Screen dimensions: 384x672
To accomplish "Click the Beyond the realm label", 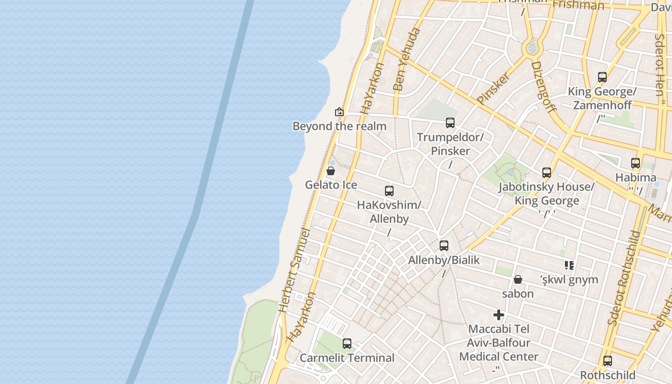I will [339, 126].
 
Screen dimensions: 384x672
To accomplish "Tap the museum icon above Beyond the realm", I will [339, 112].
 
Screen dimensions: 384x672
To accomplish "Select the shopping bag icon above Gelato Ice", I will [331, 171].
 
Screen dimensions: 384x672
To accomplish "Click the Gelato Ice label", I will [331, 185].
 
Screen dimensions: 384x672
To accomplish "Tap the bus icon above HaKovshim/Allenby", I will [389, 191].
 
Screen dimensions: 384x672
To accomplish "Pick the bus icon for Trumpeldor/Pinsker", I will [450, 123].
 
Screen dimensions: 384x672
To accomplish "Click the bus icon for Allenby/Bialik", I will [444, 246].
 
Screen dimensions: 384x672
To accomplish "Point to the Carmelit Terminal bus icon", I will [347, 344].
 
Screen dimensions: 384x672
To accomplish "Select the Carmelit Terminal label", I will [347, 358].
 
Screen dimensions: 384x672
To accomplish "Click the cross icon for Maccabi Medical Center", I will [499, 315].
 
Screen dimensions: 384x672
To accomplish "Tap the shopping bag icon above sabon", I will [518, 279].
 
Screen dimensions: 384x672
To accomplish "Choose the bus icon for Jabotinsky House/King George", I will [547, 173].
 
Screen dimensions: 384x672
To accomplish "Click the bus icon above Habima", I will [636, 163].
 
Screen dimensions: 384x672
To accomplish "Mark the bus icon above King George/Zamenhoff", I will [602, 77].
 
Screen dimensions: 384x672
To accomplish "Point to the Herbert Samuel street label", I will [294, 271].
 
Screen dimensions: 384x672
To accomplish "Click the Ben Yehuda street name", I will [406, 60].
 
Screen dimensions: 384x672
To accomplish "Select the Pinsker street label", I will [493, 88].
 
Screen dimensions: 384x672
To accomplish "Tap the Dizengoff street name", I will [544, 86].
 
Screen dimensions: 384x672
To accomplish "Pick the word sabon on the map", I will [518, 294].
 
